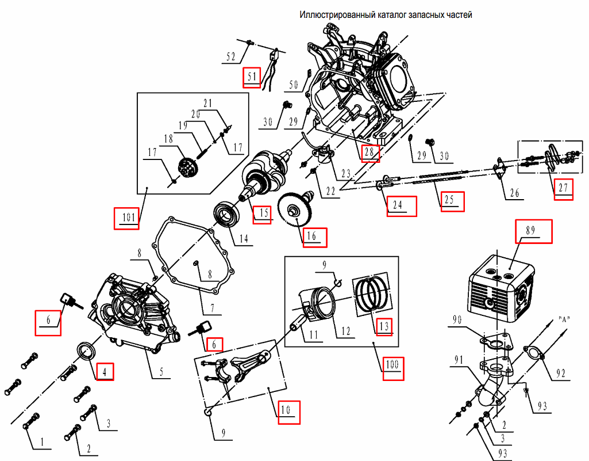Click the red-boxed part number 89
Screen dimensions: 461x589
[x=533, y=230]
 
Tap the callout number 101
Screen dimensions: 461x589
[x=127, y=218]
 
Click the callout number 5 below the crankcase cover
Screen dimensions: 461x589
[x=161, y=372]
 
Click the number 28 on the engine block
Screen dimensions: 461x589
[x=369, y=153]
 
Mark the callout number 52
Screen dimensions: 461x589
[x=231, y=56]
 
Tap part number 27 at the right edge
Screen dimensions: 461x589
[x=564, y=188]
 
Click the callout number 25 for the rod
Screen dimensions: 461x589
[x=451, y=199]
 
